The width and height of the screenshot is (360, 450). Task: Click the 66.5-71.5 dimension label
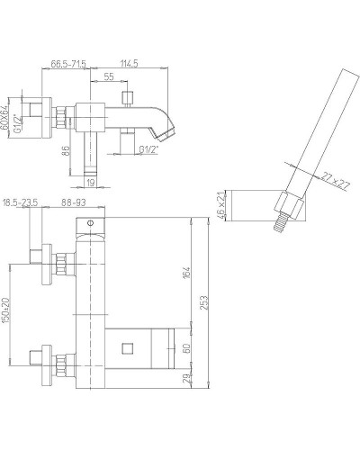click(68, 64)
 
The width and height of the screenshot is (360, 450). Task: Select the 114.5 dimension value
click(129, 64)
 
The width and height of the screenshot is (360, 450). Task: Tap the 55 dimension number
click(109, 76)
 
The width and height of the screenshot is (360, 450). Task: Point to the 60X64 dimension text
click(4, 118)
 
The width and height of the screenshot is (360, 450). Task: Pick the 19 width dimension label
click(91, 182)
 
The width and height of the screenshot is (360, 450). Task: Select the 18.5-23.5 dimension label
click(20, 202)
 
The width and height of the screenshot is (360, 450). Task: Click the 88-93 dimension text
click(74, 202)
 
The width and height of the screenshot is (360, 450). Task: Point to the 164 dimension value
click(186, 273)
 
